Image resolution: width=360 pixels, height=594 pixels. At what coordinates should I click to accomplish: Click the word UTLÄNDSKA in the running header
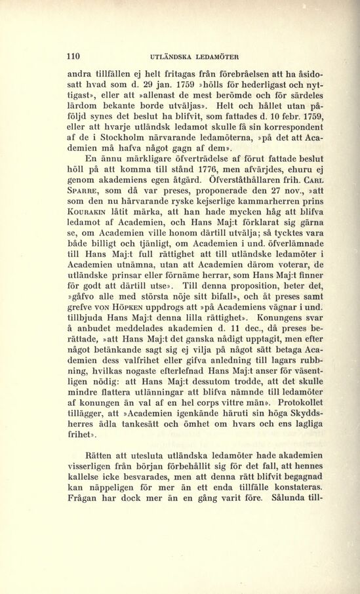click(x=173, y=56)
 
